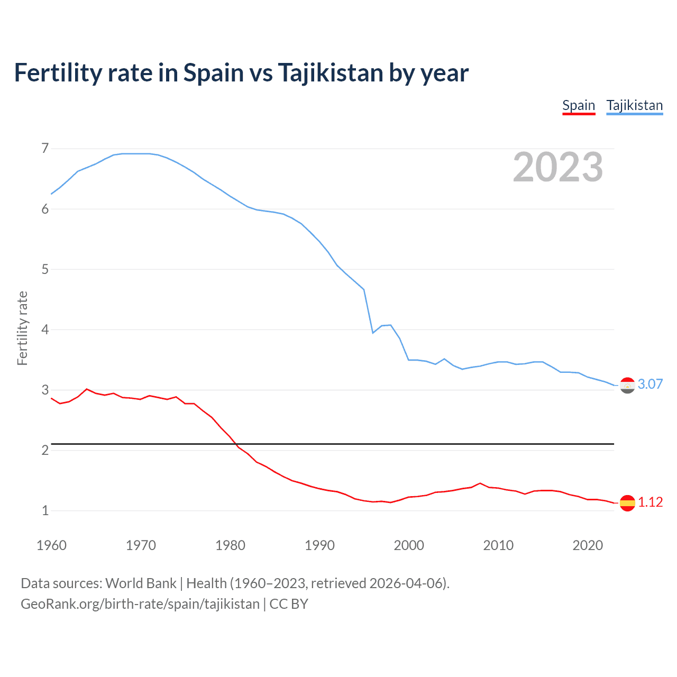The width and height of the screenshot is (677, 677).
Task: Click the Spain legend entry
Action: [x=579, y=105]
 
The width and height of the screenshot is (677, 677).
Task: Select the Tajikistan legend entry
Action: [x=634, y=105]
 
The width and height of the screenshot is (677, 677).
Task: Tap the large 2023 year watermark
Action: [x=558, y=167]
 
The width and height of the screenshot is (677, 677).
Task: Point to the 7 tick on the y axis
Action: [x=45, y=149]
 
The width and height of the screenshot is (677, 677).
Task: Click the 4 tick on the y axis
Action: [x=45, y=330]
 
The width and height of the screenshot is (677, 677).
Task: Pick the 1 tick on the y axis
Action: [x=45, y=511]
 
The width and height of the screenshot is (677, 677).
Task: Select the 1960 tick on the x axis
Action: [x=51, y=545]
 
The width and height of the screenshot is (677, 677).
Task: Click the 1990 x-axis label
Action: [x=319, y=545]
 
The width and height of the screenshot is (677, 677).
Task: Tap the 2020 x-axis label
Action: [x=588, y=545]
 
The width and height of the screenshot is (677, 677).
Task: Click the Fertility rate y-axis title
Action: [x=22, y=328]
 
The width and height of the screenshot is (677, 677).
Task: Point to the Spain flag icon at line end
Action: [x=627, y=502]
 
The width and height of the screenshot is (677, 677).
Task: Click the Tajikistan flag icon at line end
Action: [x=627, y=386]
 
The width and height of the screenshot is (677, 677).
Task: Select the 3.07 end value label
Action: [x=650, y=385]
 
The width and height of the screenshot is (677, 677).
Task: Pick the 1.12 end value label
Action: [x=650, y=502]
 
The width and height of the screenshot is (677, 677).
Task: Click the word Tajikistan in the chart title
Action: [x=330, y=73]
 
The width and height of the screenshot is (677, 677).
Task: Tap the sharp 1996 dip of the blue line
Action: [x=373, y=333]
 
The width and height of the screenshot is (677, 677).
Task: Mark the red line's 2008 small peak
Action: [x=480, y=483]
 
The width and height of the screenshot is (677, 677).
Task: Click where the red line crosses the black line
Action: [x=236, y=444]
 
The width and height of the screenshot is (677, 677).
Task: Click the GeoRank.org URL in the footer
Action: [x=140, y=604]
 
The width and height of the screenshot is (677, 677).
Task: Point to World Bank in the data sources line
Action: [x=141, y=583]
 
